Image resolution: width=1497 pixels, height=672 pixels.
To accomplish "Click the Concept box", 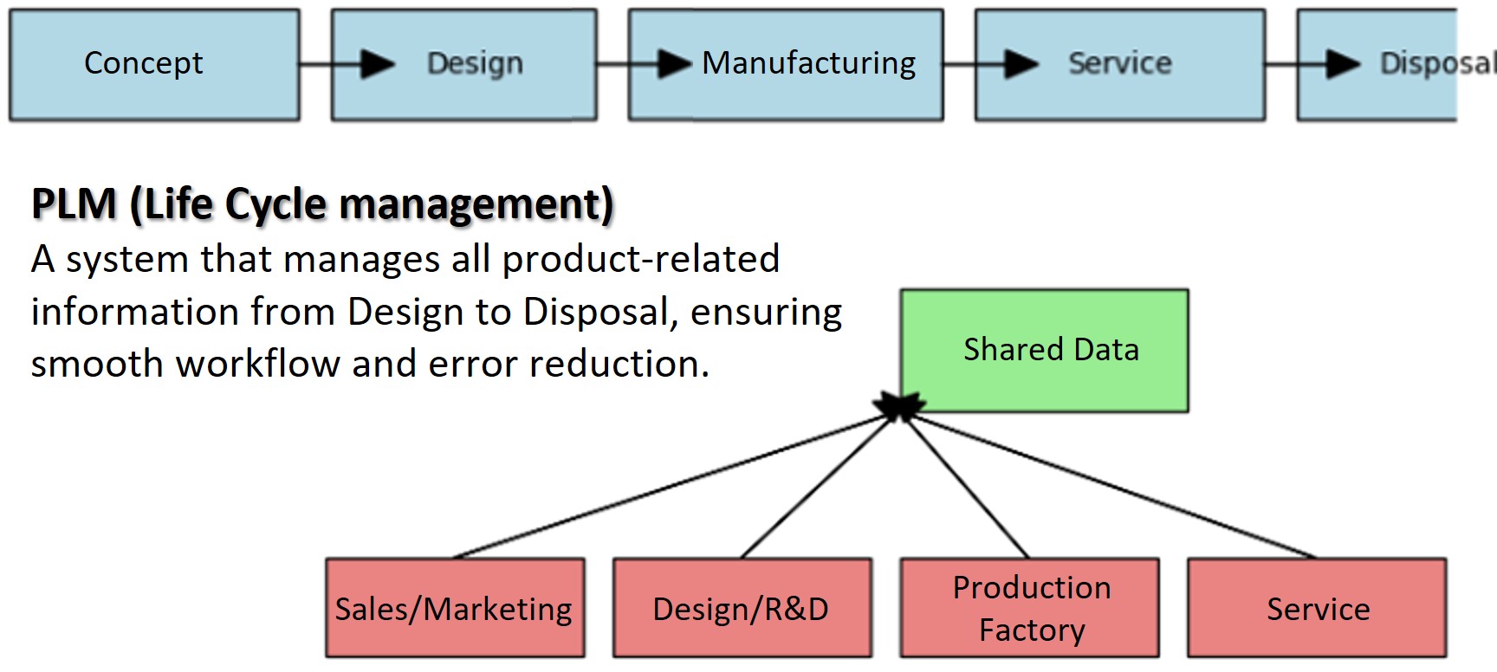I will point(154,65).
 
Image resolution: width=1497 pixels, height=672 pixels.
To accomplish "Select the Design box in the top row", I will point(464,65).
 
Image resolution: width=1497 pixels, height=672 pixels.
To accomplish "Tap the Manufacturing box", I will point(786,65).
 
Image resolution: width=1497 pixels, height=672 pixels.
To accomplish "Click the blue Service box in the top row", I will point(1119,65).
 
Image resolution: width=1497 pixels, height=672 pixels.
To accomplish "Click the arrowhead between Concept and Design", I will point(377,64).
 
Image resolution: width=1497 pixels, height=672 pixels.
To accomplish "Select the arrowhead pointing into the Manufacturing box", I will point(674,64).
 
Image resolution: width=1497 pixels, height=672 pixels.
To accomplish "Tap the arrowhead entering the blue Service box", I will point(1021,64).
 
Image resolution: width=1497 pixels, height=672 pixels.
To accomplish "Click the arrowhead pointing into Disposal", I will point(1342,64).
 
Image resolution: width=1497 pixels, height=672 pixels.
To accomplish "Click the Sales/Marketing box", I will point(455,608).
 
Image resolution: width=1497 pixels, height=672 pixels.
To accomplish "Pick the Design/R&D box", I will point(742,608).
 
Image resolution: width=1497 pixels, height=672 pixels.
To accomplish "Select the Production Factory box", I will point(1029,608).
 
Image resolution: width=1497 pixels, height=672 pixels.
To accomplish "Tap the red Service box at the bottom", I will point(1317,608).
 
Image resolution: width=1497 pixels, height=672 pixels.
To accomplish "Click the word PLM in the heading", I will point(75,204).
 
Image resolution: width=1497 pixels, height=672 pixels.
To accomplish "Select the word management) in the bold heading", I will point(476,204).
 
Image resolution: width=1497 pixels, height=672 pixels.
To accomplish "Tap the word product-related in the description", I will point(641,260).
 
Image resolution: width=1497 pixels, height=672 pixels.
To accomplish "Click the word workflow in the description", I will point(258,364).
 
